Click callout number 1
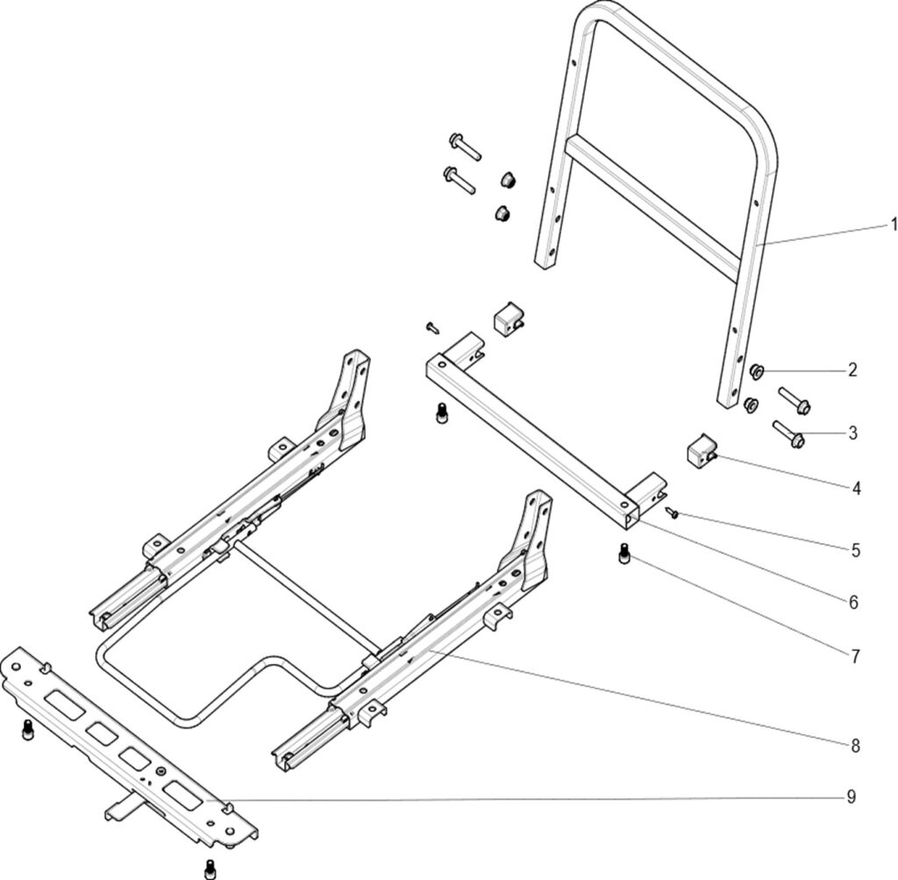pos(894,225)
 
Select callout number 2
pos(852,369)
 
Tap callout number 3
pos(852,433)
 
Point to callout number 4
pos(855,489)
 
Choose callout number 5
pos(855,551)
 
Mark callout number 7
pos(855,655)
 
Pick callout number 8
pos(855,746)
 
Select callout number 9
pos(852,797)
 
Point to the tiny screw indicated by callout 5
pos(671,512)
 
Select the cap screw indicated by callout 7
pos(624,554)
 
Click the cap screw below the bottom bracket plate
pos(210,868)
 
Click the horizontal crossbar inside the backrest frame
pos(652,206)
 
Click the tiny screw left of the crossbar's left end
pos(431,326)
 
